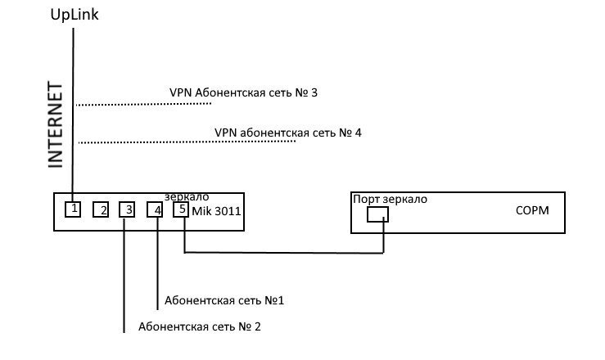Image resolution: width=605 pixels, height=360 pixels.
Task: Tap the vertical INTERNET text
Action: [x=56, y=124]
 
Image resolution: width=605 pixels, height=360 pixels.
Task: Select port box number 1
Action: [x=74, y=209]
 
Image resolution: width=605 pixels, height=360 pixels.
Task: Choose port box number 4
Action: [x=156, y=210]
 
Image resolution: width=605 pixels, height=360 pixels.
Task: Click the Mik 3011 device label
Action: [x=215, y=211]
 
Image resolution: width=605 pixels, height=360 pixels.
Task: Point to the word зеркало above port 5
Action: [x=187, y=197]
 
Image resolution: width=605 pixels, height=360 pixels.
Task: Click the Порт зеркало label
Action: [x=390, y=199]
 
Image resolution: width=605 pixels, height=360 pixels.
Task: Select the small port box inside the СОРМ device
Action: [x=377, y=214]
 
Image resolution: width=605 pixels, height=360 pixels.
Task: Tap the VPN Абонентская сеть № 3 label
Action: [x=243, y=92]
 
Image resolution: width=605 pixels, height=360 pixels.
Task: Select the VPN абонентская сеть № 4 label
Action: [x=287, y=132]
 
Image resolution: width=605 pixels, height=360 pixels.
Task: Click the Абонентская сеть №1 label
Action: [x=224, y=300]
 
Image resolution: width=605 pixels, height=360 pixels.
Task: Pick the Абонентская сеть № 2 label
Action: [x=200, y=327]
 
